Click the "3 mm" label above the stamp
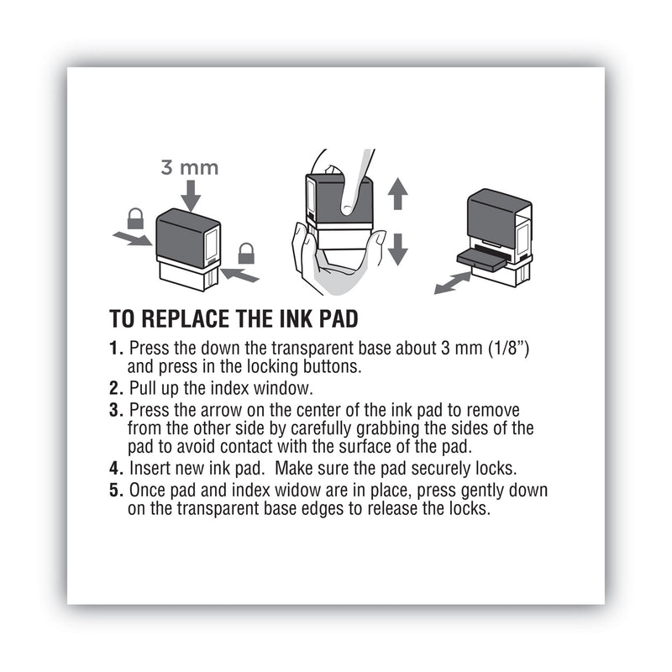(189, 167)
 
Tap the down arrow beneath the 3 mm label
(191, 197)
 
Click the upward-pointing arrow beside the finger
(397, 194)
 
